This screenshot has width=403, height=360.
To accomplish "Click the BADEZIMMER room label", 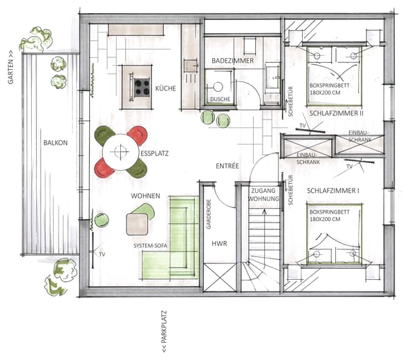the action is (232, 61).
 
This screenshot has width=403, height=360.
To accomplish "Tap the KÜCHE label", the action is (165, 88).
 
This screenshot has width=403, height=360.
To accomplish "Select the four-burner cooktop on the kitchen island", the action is (142, 87).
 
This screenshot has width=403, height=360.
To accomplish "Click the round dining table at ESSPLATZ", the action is (120, 152).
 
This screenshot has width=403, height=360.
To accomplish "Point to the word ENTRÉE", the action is (227, 166).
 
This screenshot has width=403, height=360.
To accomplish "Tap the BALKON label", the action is (55, 143).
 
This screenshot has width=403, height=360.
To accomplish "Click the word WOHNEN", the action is (145, 196).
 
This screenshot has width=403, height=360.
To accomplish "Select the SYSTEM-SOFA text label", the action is (151, 246).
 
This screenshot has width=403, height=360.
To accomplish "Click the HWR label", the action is (219, 244).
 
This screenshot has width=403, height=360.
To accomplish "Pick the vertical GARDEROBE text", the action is (209, 214).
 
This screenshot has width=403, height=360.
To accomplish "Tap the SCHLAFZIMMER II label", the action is (337, 113).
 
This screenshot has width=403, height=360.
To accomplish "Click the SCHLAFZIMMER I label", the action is (333, 191).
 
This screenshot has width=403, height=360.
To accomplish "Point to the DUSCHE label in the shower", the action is (221, 100).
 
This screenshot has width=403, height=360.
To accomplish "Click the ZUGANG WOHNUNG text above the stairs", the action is (263, 195).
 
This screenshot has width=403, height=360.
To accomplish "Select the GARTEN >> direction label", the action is (10, 67).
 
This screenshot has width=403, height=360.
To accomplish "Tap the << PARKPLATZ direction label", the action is (164, 332).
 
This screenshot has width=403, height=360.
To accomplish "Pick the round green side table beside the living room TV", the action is (102, 220).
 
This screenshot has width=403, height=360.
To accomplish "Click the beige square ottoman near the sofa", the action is (138, 225).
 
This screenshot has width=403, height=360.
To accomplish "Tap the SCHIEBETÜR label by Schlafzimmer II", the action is (291, 102).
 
